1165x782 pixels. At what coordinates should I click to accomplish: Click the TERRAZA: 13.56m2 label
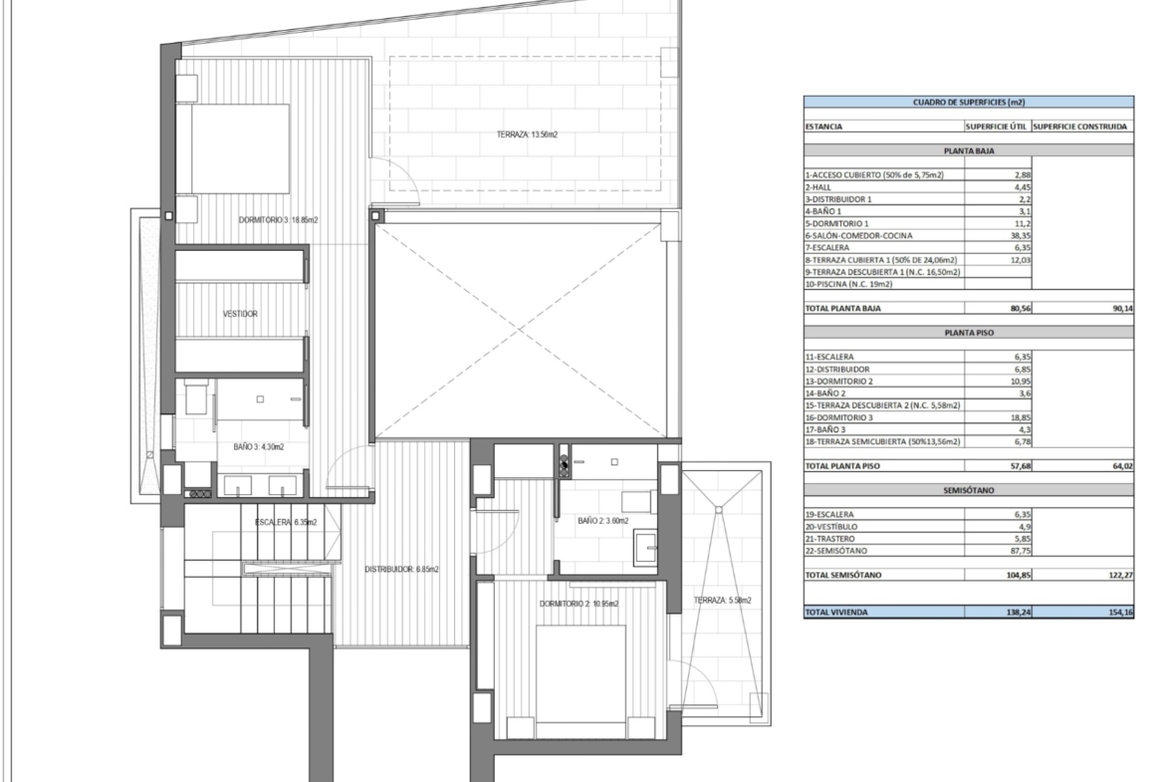[527, 134]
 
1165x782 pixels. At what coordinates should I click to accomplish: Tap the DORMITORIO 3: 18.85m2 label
[278, 220]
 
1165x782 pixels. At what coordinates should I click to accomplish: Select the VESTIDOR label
[240, 314]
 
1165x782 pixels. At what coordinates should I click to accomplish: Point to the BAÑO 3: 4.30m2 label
[259, 446]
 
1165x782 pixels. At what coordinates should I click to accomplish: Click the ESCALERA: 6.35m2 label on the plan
[286, 523]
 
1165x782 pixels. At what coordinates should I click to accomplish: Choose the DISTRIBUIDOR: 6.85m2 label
[401, 570]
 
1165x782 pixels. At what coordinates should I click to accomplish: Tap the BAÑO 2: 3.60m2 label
[602, 521]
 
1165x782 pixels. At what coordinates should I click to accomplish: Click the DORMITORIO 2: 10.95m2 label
[579, 604]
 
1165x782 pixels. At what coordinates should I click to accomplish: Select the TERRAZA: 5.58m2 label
[722, 601]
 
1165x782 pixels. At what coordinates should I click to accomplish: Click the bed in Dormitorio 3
[233, 148]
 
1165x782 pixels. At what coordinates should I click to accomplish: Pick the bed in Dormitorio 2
[581, 673]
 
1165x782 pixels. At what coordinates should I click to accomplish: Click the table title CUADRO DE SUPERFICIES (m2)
[968, 103]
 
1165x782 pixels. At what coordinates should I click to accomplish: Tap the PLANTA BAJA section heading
[969, 150]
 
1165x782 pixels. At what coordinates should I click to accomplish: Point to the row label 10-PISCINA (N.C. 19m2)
[848, 284]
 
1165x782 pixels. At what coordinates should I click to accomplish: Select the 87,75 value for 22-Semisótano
[1020, 551]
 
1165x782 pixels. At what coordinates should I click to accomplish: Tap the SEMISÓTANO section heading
[969, 490]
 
